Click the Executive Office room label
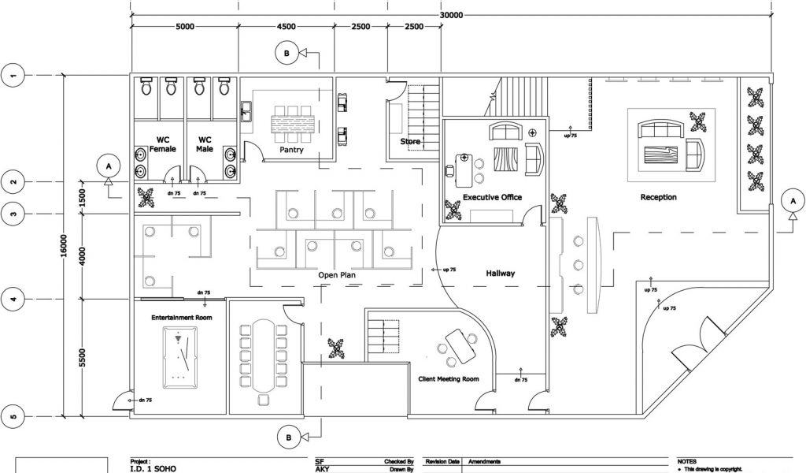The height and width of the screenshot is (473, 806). [x=492, y=197]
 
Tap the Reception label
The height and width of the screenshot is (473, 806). [x=658, y=197]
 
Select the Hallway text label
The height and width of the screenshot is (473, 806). [x=500, y=274]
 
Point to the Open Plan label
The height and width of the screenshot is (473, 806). [x=339, y=275]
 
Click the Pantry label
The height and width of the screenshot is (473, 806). [x=292, y=149]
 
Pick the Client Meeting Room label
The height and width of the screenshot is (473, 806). [x=448, y=379]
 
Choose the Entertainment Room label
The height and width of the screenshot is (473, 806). [x=183, y=317]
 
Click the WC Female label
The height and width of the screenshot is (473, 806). [x=164, y=144]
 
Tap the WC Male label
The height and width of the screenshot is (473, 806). [x=205, y=144]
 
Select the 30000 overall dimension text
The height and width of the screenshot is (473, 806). [x=451, y=14]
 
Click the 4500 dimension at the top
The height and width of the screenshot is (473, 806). [x=286, y=27]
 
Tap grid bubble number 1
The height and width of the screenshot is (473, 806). [x=13, y=76]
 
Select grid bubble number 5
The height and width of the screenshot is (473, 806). [x=13, y=415]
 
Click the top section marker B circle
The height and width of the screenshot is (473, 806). [x=287, y=54]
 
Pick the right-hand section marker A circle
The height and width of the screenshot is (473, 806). [x=793, y=201]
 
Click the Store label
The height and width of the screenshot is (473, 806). [x=410, y=142]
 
